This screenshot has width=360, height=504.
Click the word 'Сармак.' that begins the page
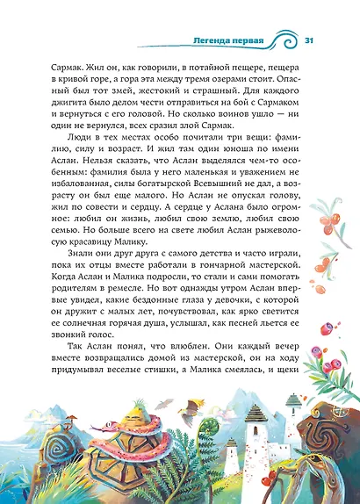[73, 67]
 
